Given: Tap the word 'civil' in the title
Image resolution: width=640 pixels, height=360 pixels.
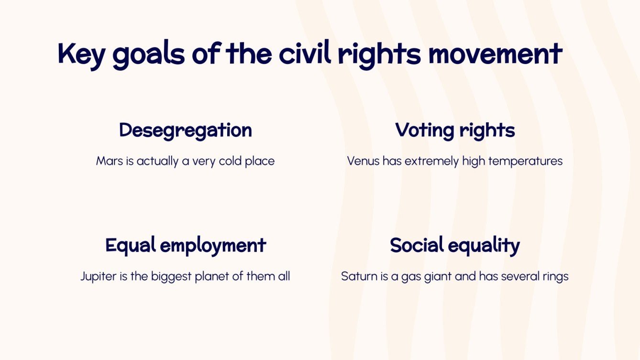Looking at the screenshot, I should pyautogui.click(x=302, y=54).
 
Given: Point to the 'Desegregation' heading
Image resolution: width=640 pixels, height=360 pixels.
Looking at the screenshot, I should pyautogui.click(x=186, y=130).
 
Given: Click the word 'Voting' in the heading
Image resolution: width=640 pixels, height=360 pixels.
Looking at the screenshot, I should pyautogui.click(x=423, y=131).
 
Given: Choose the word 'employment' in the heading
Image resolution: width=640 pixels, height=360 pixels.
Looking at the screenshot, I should pyautogui.click(x=213, y=246).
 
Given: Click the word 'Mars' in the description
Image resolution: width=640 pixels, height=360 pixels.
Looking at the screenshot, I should pyautogui.click(x=107, y=161).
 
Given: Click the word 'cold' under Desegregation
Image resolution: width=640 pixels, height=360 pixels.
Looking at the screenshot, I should pyautogui.click(x=230, y=161).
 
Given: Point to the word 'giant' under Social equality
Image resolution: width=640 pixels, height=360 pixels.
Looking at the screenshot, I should pyautogui.click(x=436, y=277).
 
